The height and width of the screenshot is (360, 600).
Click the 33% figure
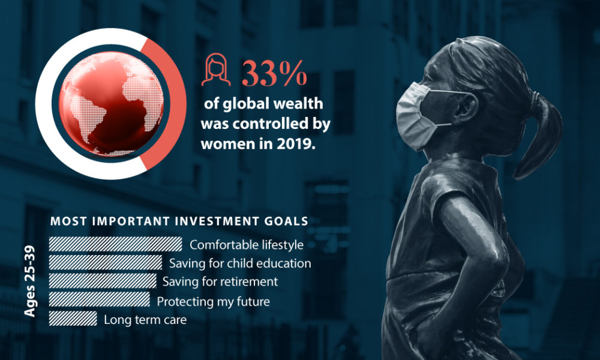[274, 74]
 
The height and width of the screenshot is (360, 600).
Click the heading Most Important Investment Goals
[179, 221]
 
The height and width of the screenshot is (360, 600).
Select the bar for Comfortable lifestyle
[115, 244]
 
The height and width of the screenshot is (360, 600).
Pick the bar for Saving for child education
[106, 263]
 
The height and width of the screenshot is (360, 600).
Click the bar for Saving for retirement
[103, 281]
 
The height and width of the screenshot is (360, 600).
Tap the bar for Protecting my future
[100, 300]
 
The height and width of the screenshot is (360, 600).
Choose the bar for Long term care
[73, 319]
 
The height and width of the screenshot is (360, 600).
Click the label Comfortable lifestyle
[247, 245]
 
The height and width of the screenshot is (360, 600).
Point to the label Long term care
[145, 319]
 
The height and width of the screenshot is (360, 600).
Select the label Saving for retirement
[220, 281]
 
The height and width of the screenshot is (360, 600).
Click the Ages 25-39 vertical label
[30, 281]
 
